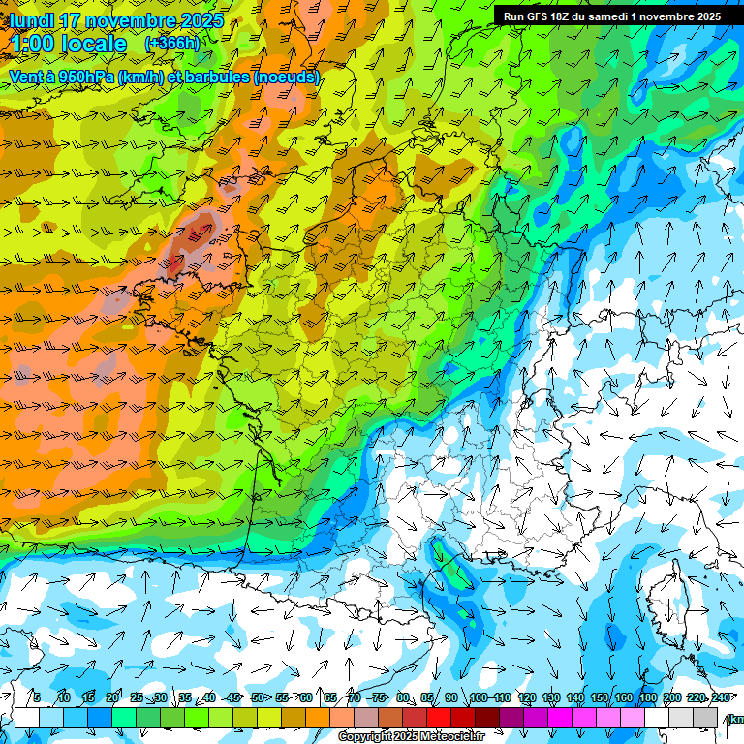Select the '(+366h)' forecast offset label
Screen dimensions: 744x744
point(171,44)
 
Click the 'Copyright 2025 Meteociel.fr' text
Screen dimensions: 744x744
point(411,737)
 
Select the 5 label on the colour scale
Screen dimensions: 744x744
point(36,698)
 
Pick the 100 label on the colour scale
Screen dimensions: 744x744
point(479,698)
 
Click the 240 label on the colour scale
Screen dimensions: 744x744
point(721,698)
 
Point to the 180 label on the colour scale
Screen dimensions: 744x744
point(647,698)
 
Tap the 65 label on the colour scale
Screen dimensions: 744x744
point(330,698)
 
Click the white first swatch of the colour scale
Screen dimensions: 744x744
point(26,717)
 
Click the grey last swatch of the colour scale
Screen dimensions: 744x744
point(705,717)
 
